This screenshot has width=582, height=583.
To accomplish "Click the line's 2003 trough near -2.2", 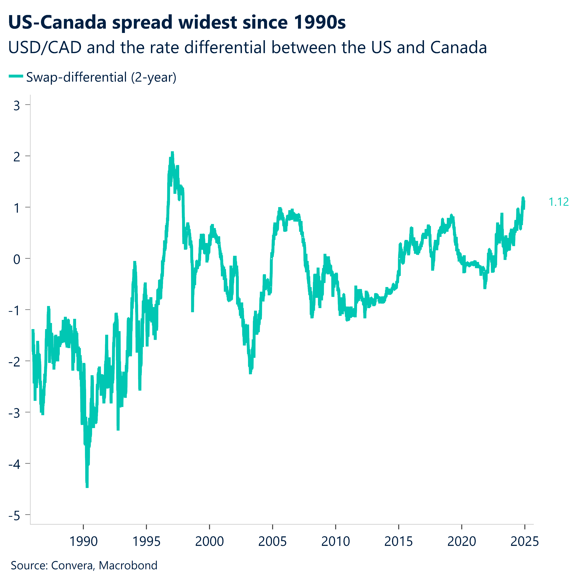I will click(250, 373).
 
